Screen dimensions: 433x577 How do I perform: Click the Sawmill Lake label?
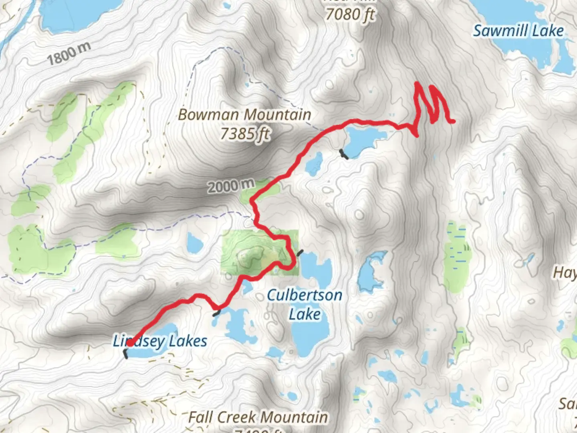coord(518,31)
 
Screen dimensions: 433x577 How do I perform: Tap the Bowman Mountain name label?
coord(244,115)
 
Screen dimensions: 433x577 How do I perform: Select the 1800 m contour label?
coord(69,54)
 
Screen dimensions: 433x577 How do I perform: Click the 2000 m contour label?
coord(231,186)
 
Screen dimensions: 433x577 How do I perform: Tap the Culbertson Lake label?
coord(305,305)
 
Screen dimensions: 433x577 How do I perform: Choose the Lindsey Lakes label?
coord(160,342)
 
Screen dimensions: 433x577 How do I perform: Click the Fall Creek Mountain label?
coord(258,417)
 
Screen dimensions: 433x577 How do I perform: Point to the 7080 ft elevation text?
coord(349,15)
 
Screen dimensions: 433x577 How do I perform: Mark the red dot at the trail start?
coord(130,343)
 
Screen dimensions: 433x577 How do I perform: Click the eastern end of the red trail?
coord(453,121)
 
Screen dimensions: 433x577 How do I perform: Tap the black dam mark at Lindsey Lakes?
coord(125,354)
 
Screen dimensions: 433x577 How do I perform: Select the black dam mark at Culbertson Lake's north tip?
coord(300,252)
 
